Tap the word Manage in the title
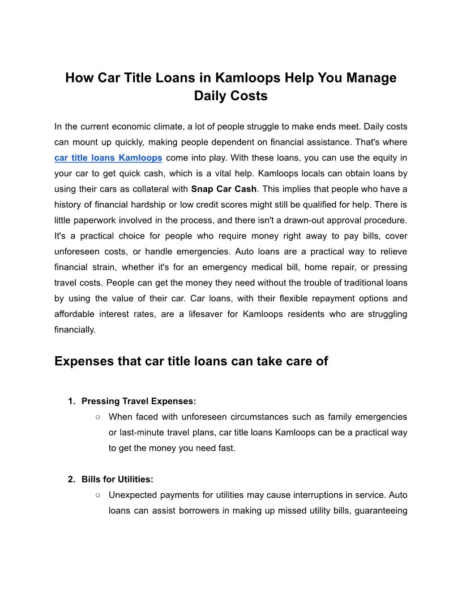[x=369, y=78]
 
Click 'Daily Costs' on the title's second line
[x=231, y=96]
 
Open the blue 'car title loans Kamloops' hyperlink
[x=108, y=157]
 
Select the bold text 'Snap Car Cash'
[x=224, y=189]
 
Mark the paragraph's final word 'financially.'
[x=75, y=329]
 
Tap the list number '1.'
[x=71, y=401]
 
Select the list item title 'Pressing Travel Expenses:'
[x=139, y=401]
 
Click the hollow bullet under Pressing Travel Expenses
[x=98, y=417]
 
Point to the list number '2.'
[x=71, y=479]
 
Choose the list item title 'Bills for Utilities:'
[x=117, y=479]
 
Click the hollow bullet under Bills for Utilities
[x=98, y=495]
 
